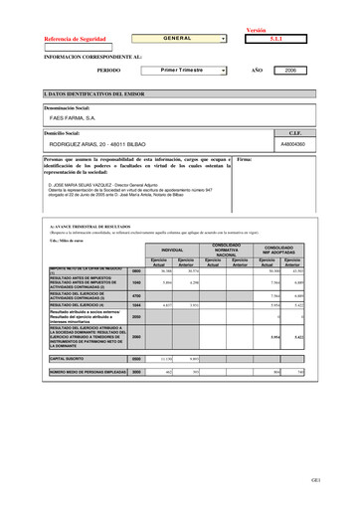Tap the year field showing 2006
click(x=290, y=72)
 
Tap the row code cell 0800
click(x=136, y=270)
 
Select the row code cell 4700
click(x=136, y=295)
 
